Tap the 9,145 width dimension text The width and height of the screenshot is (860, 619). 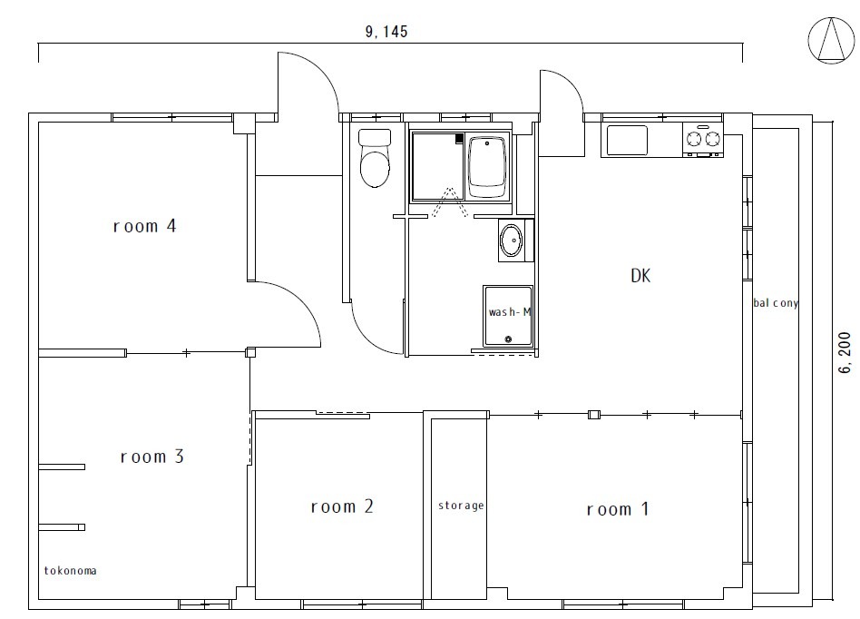[386, 32]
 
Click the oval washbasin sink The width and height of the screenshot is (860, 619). [511, 241]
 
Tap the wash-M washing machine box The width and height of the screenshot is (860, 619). [508, 317]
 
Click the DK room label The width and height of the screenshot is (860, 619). [641, 277]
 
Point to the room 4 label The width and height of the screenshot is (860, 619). [143, 226]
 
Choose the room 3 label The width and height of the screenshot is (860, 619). [152, 457]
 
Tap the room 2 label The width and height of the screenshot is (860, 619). [341, 506]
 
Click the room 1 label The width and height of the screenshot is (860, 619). [617, 509]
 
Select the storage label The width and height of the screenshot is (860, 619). [461, 506]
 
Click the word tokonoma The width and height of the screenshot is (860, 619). [70, 571]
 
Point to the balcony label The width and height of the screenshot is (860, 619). [776, 303]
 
